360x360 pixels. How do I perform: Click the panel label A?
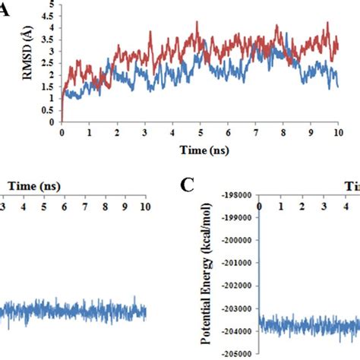[7, 11]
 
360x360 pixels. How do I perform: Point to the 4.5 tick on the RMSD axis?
[51, 16]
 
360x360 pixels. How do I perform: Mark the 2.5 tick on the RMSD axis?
[51, 63]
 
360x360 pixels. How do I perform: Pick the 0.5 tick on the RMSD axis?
[51, 109]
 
